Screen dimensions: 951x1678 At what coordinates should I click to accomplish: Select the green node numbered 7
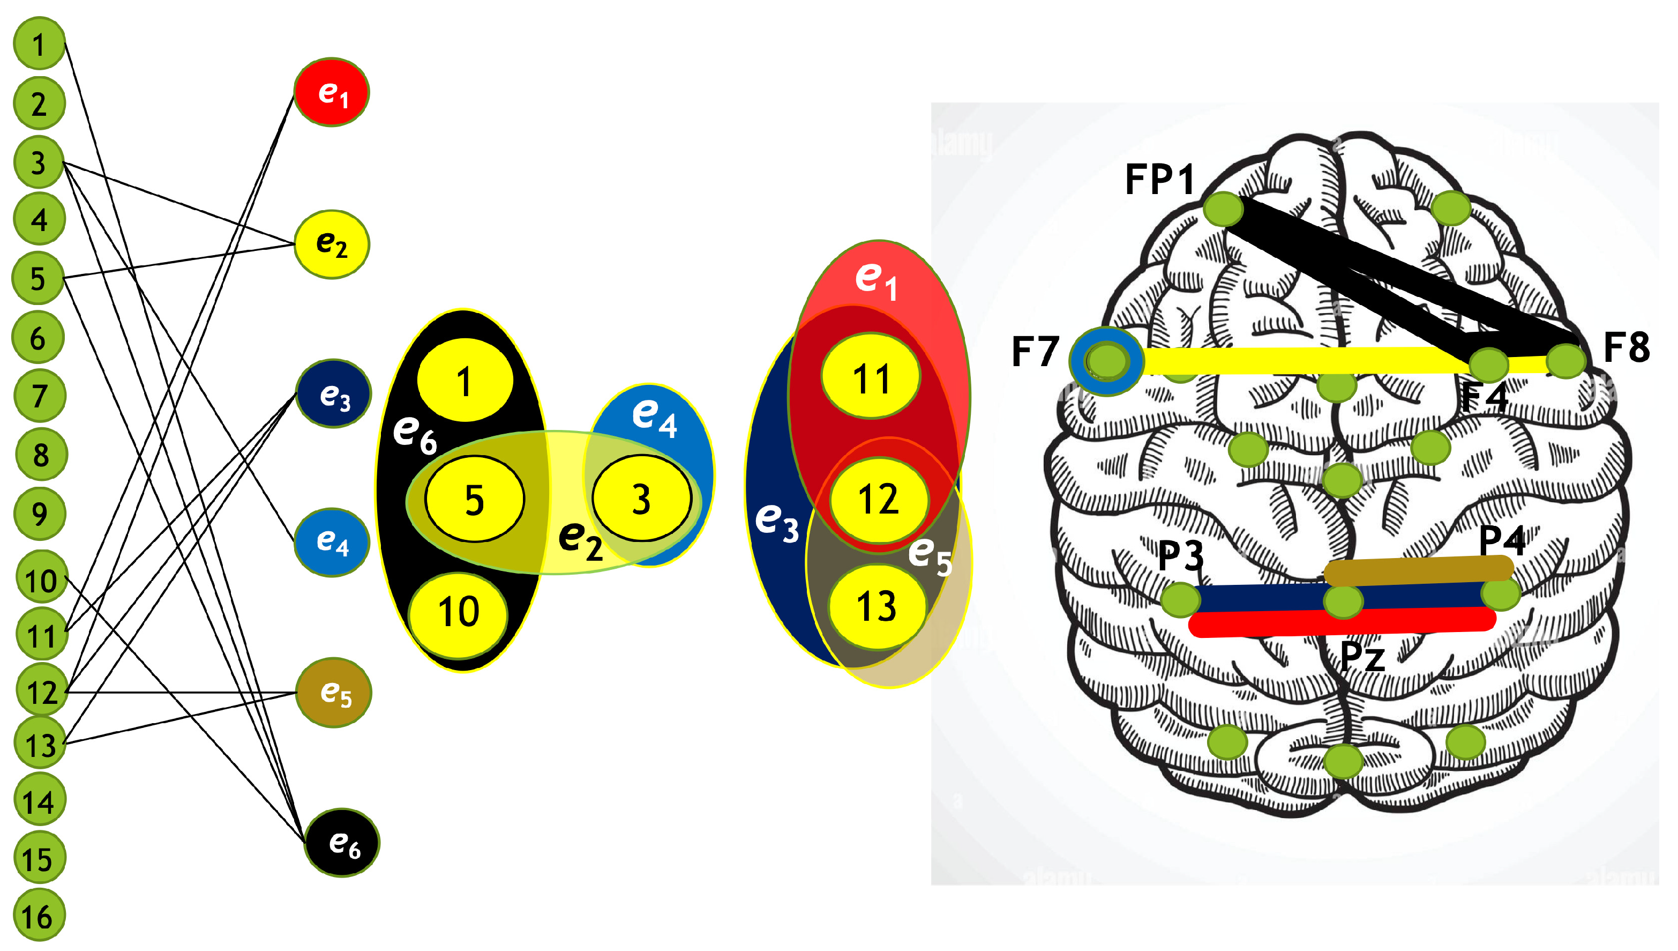tap(39, 396)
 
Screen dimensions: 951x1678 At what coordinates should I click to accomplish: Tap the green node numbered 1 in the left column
tap(39, 44)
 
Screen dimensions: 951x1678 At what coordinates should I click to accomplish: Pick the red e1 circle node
tap(332, 92)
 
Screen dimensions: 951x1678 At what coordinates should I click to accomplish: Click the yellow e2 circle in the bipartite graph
tap(332, 243)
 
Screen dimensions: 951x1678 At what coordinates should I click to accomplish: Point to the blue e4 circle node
tap(332, 541)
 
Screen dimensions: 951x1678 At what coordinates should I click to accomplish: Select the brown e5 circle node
tap(334, 693)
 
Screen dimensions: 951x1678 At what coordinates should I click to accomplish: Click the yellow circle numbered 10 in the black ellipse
tap(458, 613)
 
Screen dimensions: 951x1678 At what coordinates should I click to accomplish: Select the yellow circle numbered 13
tap(877, 606)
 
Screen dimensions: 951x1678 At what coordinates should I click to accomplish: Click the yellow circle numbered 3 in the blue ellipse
tap(641, 499)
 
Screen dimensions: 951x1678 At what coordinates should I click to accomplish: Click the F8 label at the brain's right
tap(1627, 347)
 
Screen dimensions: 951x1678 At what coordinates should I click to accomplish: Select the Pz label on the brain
tap(1362, 655)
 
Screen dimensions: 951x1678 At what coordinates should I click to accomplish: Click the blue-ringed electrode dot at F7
tap(1106, 361)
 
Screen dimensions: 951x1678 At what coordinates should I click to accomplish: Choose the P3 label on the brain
tap(1180, 556)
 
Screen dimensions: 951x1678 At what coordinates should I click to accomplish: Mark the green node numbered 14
tap(39, 801)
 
